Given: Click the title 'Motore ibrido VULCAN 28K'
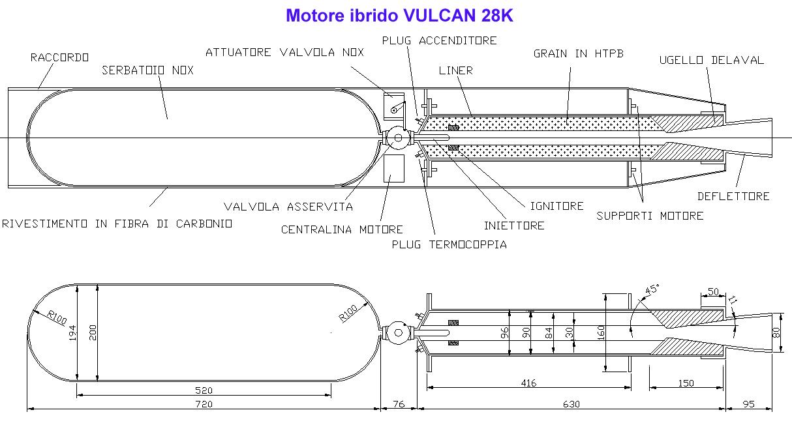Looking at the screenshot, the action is [399, 16].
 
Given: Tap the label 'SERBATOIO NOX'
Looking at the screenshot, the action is [148, 70].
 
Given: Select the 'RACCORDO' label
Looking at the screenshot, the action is [59, 57].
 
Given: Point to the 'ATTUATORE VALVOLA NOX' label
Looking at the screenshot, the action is [285, 52].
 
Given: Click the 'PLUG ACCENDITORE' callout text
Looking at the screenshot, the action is [440, 40].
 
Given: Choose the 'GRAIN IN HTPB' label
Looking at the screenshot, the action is [579, 53].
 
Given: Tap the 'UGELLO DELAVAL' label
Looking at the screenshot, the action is [712, 60].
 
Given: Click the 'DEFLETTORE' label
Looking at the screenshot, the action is [734, 196].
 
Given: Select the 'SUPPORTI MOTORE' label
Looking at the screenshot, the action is [650, 216].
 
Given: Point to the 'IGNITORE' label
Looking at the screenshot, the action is [557, 206].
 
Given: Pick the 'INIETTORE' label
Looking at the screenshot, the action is [514, 226].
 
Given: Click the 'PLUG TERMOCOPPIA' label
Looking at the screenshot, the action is [449, 244].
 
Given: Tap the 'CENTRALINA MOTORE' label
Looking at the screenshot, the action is [342, 229].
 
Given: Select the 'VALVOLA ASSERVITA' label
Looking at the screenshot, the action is [288, 207].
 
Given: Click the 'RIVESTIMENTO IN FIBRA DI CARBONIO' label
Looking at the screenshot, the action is [117, 224].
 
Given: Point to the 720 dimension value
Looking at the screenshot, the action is [204, 403].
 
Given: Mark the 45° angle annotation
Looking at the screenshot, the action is [652, 289].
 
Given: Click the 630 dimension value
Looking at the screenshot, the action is [571, 403].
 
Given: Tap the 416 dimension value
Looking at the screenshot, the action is [528, 383].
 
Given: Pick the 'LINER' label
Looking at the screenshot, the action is [456, 70].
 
